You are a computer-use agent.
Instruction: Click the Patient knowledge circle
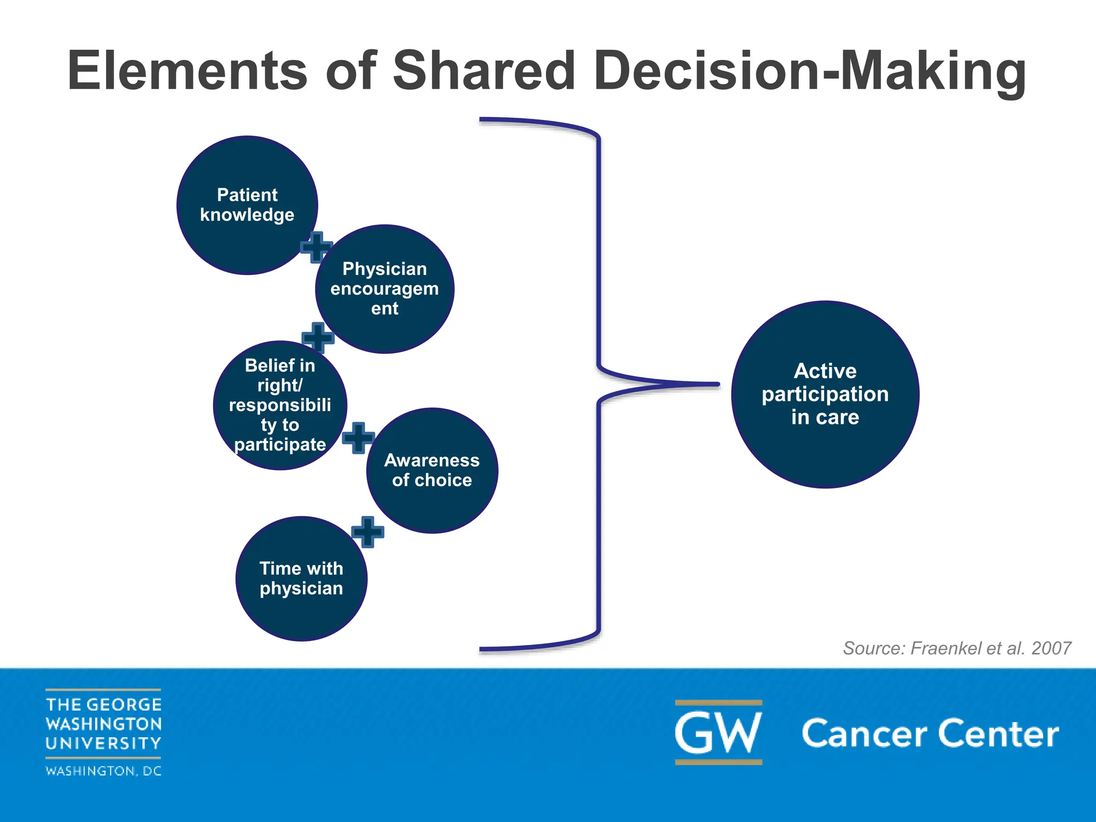pyautogui.click(x=247, y=205)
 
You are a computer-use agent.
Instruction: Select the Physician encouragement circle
pyautogui.click(x=385, y=289)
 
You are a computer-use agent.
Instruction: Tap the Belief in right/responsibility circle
pyautogui.click(x=280, y=405)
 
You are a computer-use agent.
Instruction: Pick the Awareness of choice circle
pyautogui.click(x=432, y=470)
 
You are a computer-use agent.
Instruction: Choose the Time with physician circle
pyautogui.click(x=301, y=579)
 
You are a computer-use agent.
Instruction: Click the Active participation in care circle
pyautogui.click(x=825, y=394)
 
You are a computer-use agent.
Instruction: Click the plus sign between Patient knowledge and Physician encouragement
pyautogui.click(x=316, y=247)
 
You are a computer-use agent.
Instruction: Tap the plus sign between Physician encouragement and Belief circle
pyautogui.click(x=318, y=338)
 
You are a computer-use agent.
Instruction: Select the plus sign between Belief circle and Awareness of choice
pyautogui.click(x=358, y=438)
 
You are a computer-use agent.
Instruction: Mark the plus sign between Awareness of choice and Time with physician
pyautogui.click(x=368, y=532)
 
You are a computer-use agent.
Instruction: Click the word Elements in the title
pyautogui.click(x=187, y=71)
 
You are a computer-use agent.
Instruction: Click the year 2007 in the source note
pyautogui.click(x=1051, y=648)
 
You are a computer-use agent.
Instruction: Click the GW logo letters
pyautogui.click(x=718, y=733)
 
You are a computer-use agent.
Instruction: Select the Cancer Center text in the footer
pyautogui.click(x=930, y=734)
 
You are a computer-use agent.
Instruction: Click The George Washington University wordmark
pyautogui.click(x=103, y=724)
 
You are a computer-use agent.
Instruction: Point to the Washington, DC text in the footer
pyautogui.click(x=103, y=771)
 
